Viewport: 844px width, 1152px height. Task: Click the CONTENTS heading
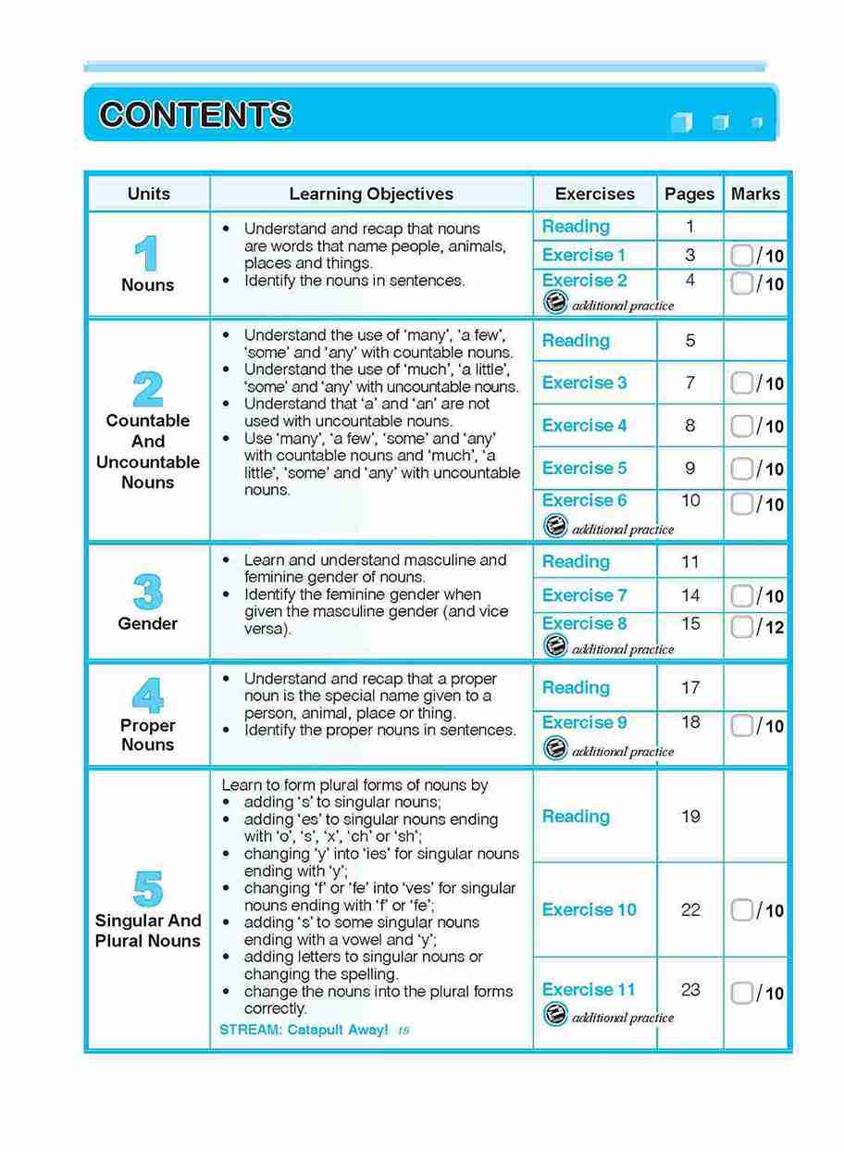pos(195,115)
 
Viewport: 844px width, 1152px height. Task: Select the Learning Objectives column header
pos(371,194)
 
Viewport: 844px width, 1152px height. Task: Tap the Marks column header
pos(755,194)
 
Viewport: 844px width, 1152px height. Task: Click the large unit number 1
pos(146,253)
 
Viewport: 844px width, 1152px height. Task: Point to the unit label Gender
pos(148,623)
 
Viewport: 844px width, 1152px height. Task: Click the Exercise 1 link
pos(584,255)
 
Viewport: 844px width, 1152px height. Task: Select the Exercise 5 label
pos(584,468)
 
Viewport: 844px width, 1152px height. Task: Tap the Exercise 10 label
pos(589,909)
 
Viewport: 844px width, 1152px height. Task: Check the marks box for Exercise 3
pos(741,382)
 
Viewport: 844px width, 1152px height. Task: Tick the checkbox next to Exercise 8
pos(741,627)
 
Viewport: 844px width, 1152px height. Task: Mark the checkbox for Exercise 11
pos(741,993)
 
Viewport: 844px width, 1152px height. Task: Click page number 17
pos(690,688)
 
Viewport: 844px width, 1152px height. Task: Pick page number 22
pos(690,909)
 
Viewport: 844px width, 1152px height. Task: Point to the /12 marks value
pos(771,628)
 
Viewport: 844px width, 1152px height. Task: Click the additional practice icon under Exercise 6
pos(555,527)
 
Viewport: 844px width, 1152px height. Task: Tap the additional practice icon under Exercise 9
pos(555,748)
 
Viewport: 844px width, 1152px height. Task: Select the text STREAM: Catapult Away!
pos(304,1030)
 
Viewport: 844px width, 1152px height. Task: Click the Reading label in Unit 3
pos(576,561)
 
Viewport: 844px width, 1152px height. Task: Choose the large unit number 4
pos(147,695)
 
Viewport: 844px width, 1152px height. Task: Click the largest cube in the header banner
pos(681,122)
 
